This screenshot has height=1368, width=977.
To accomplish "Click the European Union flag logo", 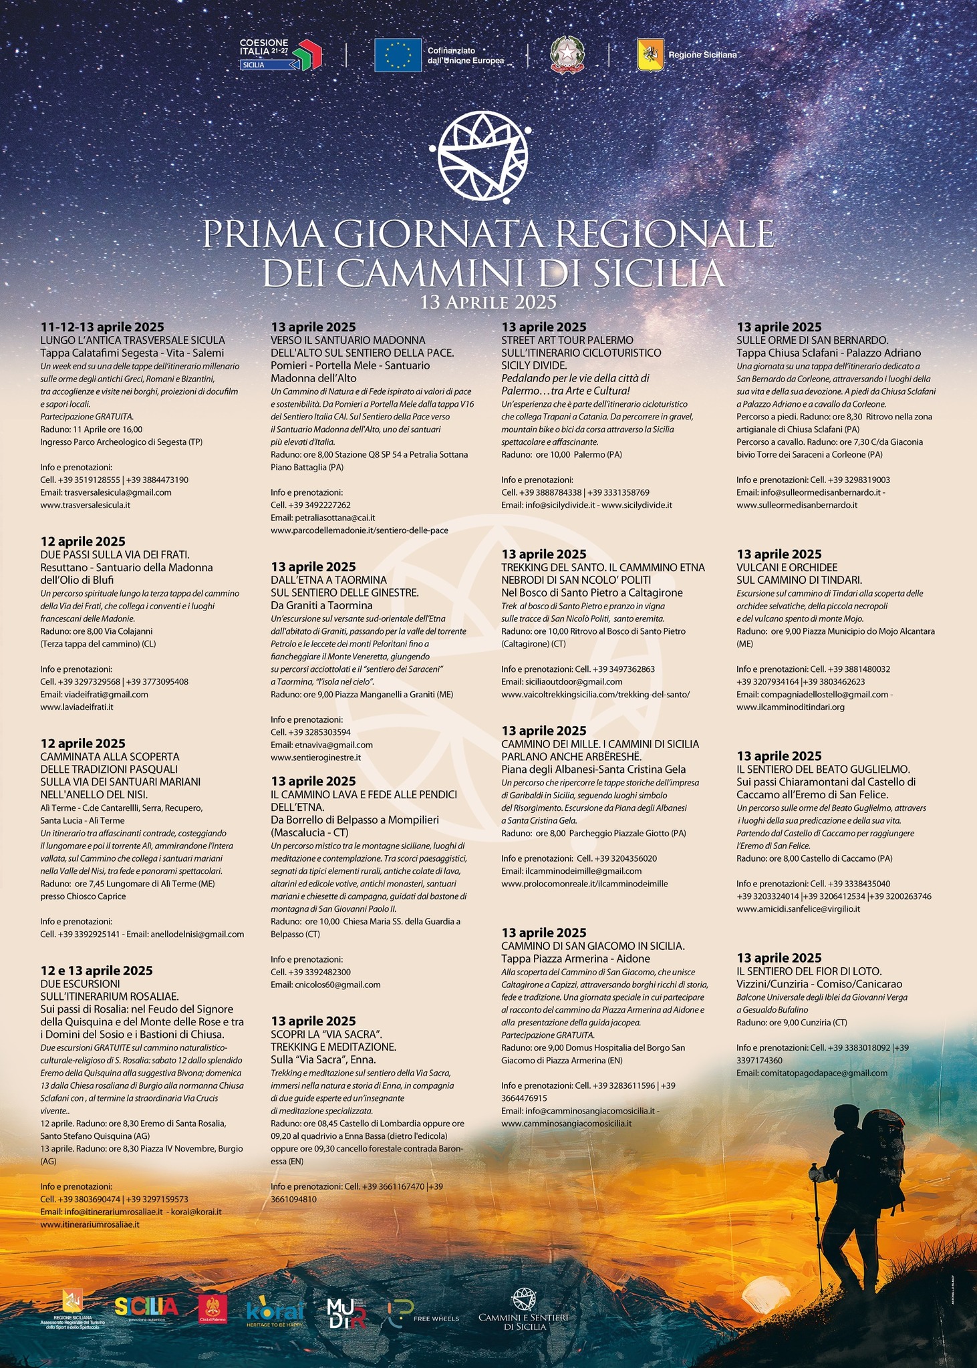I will (398, 55).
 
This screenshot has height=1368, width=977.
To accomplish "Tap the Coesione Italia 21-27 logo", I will (281, 54).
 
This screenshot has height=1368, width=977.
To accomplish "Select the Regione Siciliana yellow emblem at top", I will (650, 55).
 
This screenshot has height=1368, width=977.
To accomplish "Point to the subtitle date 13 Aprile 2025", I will (488, 302).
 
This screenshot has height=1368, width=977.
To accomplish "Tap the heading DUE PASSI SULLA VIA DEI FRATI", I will (115, 554).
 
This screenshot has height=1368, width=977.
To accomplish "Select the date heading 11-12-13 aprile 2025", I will (102, 327).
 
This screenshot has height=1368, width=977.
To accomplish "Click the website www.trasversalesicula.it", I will (85, 505).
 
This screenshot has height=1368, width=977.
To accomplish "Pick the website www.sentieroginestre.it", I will (315, 757).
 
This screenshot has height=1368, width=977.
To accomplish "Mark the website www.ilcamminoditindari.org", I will (791, 707).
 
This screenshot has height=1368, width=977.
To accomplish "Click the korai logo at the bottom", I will (275, 1311).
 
